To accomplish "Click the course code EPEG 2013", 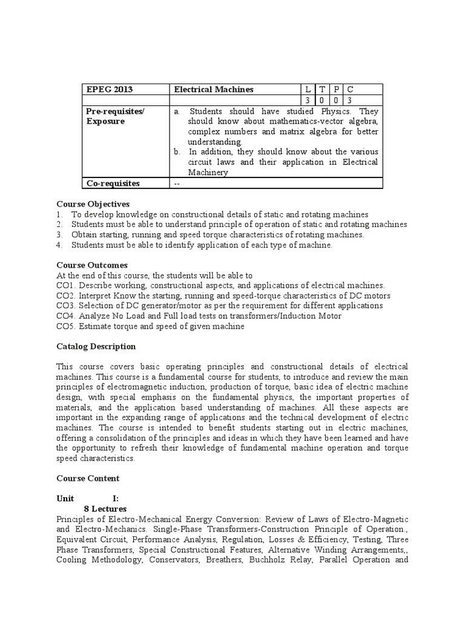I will pyautogui.click(x=108, y=90).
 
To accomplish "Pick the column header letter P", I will pyautogui.click(x=336, y=90).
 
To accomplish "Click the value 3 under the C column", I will pyautogui.click(x=349, y=100).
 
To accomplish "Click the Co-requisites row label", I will pyautogui.click(x=113, y=183).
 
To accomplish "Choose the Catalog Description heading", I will pyautogui.click(x=96, y=346).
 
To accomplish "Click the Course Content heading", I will pyautogui.click(x=88, y=478).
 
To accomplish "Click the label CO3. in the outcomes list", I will pyautogui.click(x=66, y=306).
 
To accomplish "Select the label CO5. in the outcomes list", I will pyautogui.click(x=66, y=326).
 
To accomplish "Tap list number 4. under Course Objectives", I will pyautogui.click(x=60, y=245).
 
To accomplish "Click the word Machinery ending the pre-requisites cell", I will pyautogui.click(x=208, y=173).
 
